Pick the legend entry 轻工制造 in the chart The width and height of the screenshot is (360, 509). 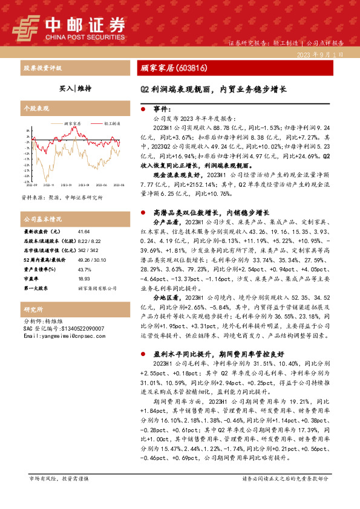pyautogui.click(x=109, y=123)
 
